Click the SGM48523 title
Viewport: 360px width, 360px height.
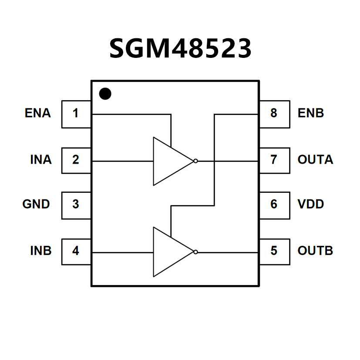point(180,48)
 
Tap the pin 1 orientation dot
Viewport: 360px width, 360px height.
point(105,94)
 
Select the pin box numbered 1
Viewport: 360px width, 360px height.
point(76,114)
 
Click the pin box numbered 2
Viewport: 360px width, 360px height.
point(76,160)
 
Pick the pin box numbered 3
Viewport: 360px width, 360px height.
point(76,205)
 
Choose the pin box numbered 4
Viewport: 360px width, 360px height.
point(76,251)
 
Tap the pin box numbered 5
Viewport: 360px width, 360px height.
point(274,251)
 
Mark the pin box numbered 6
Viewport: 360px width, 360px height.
point(274,205)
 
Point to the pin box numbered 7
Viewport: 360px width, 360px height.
point(274,160)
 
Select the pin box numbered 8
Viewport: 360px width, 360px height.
point(274,114)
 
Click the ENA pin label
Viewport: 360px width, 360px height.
point(38,114)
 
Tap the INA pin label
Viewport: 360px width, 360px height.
point(41,160)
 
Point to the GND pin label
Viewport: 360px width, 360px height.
point(36,204)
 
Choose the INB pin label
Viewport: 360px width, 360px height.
point(41,251)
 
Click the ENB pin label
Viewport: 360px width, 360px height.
point(311,114)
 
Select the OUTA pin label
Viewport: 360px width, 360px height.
point(315,160)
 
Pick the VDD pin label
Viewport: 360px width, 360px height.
point(311,204)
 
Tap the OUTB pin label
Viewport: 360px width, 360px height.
point(315,251)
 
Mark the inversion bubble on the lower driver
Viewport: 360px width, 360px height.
point(195,252)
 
